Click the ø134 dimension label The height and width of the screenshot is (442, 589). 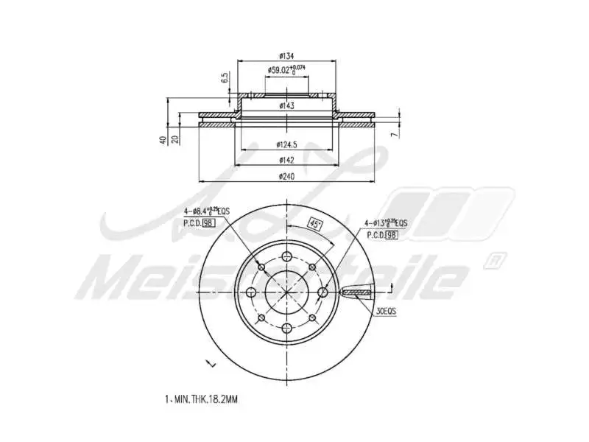click(x=286, y=56)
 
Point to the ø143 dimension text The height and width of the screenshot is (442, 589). click(x=286, y=106)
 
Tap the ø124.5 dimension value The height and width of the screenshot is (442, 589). click(x=286, y=144)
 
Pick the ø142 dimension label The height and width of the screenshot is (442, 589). click(x=286, y=160)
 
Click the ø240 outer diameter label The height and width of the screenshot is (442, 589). click(x=286, y=176)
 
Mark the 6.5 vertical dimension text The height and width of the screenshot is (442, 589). click(x=224, y=78)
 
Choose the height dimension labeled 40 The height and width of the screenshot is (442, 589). click(x=162, y=139)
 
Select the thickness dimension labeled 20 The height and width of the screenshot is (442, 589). click(x=174, y=139)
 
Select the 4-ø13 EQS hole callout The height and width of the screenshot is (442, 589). click(x=385, y=222)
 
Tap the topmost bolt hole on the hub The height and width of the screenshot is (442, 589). click(x=286, y=257)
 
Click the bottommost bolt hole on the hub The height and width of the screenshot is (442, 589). click(x=286, y=328)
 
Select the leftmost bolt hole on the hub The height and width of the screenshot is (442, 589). click(x=250, y=292)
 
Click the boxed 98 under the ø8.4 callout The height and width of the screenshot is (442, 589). click(x=208, y=222)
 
